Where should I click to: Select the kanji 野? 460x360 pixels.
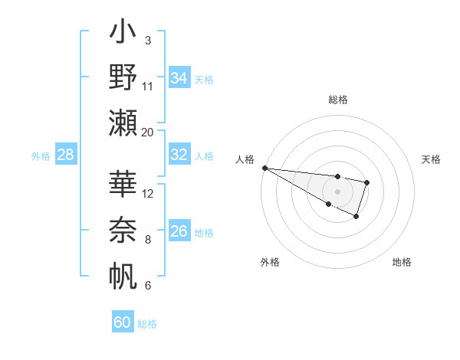(x=123, y=77)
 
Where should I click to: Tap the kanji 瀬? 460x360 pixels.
(x=123, y=123)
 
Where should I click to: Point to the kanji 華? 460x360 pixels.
(x=123, y=184)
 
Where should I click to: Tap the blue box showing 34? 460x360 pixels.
(x=179, y=77)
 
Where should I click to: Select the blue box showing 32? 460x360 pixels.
(x=179, y=155)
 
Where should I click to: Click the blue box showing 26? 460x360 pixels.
(x=179, y=231)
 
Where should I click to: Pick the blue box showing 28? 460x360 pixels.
(x=66, y=155)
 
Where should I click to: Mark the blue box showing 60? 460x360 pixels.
(x=123, y=322)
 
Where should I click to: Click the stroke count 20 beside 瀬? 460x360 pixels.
(x=147, y=133)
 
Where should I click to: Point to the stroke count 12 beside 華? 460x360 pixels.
(x=148, y=193)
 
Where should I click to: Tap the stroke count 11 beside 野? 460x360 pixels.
(x=148, y=86)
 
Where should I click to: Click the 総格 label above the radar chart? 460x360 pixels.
(x=337, y=100)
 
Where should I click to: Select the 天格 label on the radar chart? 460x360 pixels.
(x=432, y=159)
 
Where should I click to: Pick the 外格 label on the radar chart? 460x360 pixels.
(x=270, y=262)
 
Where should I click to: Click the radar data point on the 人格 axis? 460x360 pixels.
(x=264, y=168)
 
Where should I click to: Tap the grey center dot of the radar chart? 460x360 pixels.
(x=337, y=191)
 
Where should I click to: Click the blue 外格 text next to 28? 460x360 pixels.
(x=41, y=156)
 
